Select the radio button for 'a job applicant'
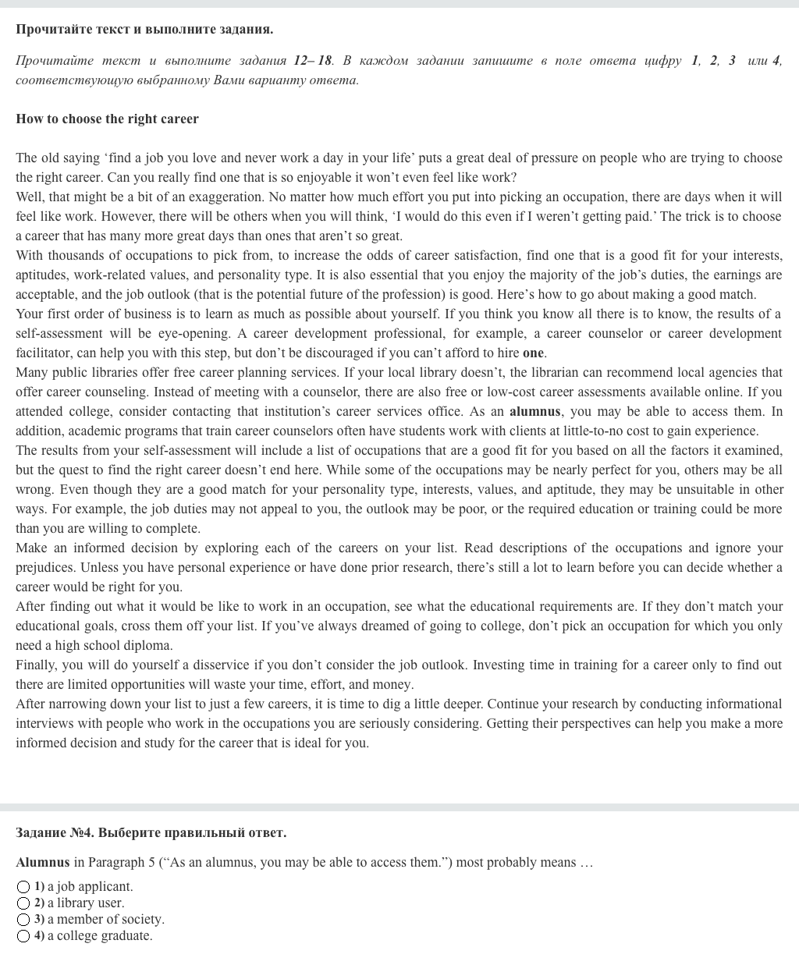[x=23, y=887]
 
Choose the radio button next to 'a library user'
[x=23, y=903]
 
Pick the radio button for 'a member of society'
[x=23, y=920]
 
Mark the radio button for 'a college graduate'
[x=23, y=936]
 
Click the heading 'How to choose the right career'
[x=107, y=119]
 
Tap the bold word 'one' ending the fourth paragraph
[x=533, y=353]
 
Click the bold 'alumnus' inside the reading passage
[x=534, y=412]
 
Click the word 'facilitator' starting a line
[x=44, y=353]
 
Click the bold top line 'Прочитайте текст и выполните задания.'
[x=144, y=30]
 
